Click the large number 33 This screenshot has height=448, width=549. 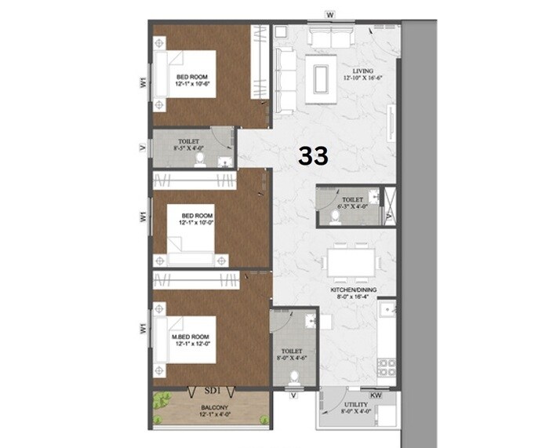pos(313,155)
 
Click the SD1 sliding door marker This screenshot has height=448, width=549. pos(211,389)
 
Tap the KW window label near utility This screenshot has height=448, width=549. pos(375,396)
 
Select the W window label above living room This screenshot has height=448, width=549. pos(330,14)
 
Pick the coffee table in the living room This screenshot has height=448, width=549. pos(321,79)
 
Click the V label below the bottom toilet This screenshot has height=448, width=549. pos(293,396)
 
